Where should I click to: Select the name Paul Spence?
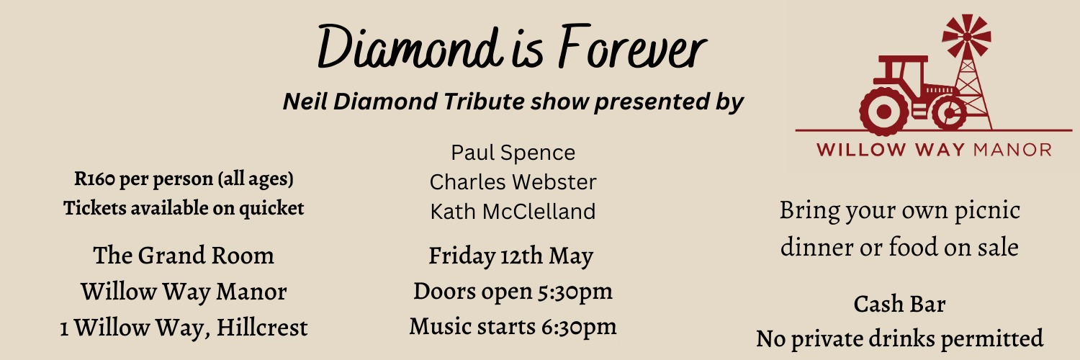click(x=513, y=153)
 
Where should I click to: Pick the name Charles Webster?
click(x=513, y=182)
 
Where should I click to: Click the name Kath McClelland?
click(x=513, y=212)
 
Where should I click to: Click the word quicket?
click(x=271, y=208)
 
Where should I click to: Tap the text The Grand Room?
click(x=184, y=256)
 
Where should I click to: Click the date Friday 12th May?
click(x=511, y=256)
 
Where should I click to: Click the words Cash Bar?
click(x=899, y=304)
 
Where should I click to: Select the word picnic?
click(x=986, y=211)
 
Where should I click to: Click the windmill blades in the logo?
click(x=966, y=35)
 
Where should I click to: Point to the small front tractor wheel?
click(x=950, y=113)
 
